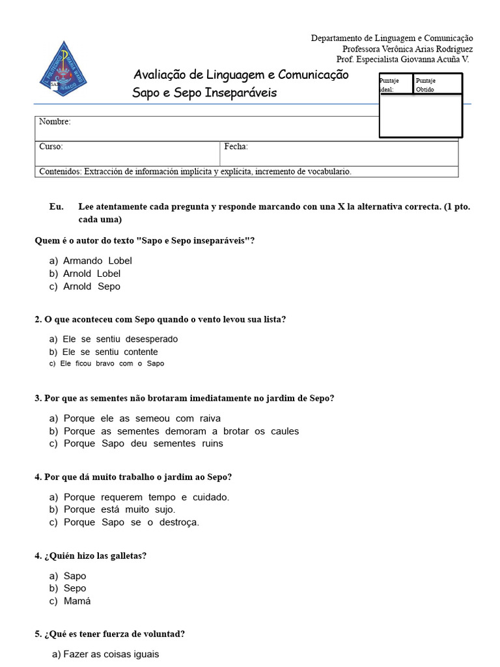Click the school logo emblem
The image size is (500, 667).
pos(63,70)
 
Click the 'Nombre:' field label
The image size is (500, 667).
pos(55,122)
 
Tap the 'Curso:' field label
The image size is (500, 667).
pos(51,147)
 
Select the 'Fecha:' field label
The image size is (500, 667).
pos(236,147)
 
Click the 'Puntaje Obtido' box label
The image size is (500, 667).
pos(426,85)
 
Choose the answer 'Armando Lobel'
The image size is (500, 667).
pos(97,261)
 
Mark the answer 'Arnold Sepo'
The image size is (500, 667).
pos(91,286)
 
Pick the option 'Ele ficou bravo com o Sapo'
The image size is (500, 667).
pos(111,363)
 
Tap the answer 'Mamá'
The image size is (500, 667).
pos(77,601)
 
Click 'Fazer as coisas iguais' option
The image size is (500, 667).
pos(111,654)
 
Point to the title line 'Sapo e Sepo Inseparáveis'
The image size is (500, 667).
pos(204,92)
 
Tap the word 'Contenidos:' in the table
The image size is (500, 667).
pos(61,171)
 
